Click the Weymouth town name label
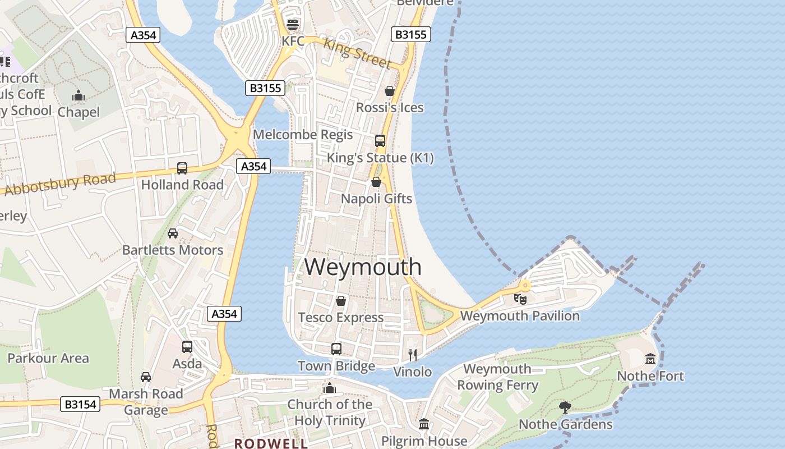coord(363,267)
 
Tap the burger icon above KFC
coord(292,25)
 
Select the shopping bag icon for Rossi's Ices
coord(390,91)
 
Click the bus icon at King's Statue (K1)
coord(380,141)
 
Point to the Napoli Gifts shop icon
coord(376,182)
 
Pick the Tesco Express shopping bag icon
coord(340,301)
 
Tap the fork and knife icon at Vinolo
coord(413,355)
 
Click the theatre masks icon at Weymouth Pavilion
coord(520,299)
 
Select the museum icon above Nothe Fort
coord(650,359)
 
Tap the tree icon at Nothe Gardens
coord(565,407)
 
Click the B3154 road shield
coord(80,404)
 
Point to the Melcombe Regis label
coord(303,135)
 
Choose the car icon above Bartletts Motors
coord(173,233)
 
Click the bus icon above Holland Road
coord(182,168)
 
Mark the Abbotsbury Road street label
coord(60,184)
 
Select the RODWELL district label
coord(271,443)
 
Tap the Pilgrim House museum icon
coord(424,424)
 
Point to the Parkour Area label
coord(48,358)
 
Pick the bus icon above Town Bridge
coord(336,349)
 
